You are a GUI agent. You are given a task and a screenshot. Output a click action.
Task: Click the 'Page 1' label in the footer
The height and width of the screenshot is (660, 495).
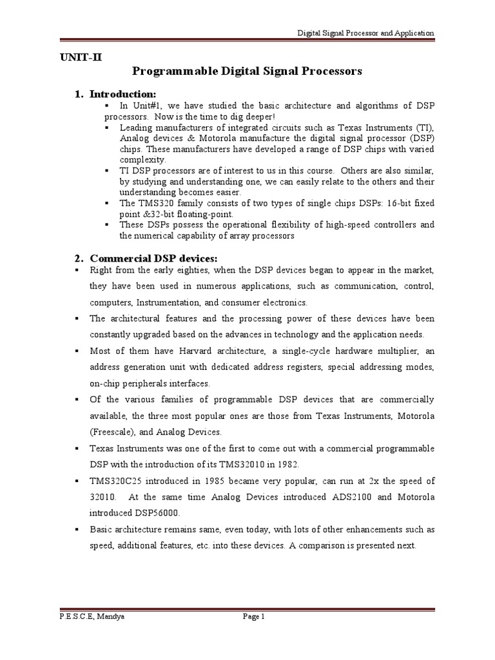point(254,617)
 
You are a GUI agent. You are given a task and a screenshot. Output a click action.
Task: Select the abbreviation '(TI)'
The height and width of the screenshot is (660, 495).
point(425,128)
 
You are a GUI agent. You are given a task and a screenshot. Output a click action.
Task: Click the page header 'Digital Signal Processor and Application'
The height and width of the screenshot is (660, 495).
point(365,33)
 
